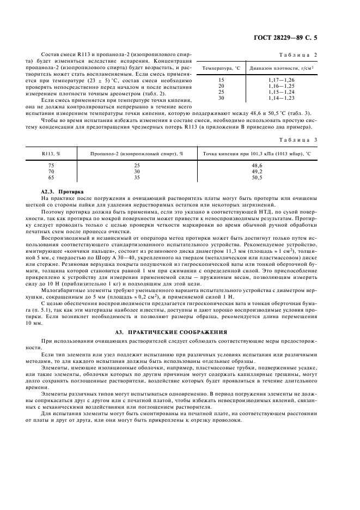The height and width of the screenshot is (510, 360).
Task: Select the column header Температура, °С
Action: click(x=221, y=69)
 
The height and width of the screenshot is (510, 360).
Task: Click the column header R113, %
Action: click(x=51, y=154)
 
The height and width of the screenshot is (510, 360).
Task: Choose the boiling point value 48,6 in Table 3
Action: click(x=257, y=165)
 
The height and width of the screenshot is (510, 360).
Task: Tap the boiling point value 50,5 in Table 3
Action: click(x=257, y=177)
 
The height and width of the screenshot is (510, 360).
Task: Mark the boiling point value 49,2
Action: click(x=257, y=171)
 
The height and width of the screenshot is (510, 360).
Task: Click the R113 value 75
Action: click(x=51, y=165)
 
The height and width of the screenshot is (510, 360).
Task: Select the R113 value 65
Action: click(x=51, y=177)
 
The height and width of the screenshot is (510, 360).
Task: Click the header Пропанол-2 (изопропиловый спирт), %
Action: click(x=137, y=154)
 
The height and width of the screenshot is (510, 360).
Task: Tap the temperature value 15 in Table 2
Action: click(x=221, y=81)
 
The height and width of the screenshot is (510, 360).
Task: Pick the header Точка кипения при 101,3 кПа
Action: click(x=257, y=154)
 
